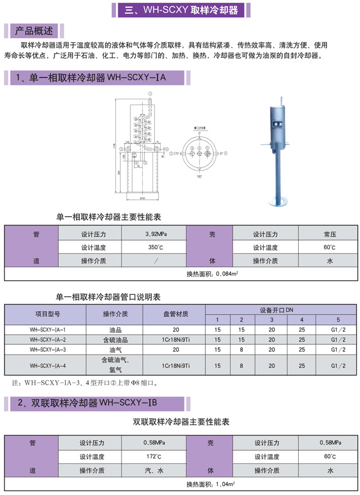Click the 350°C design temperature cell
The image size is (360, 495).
(x=156, y=247)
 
